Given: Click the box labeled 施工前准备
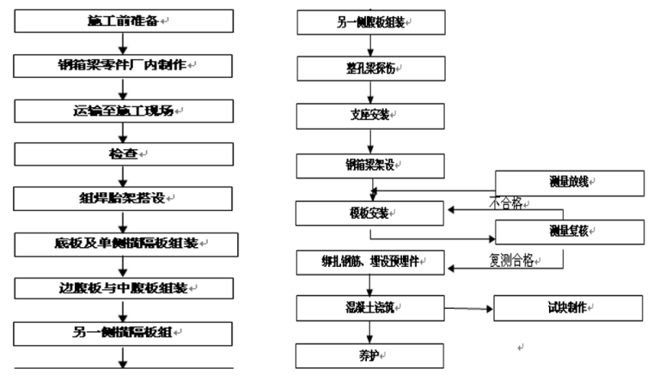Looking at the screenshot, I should click(123, 19).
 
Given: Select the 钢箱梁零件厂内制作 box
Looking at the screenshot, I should click(123, 64).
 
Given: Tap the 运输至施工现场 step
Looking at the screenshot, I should click(123, 110).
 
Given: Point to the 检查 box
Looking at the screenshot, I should click(123, 154).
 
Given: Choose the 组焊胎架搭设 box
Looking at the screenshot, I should click(123, 197).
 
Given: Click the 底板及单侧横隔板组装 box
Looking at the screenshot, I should click(123, 242).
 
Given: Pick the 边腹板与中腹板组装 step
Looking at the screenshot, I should click(123, 287).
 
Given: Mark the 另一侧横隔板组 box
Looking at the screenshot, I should click(123, 330).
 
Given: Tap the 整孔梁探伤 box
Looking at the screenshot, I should click(371, 69).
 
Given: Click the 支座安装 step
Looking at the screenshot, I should click(371, 115).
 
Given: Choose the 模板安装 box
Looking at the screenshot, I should click(371, 211).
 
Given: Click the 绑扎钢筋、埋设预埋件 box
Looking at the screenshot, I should click(371, 259).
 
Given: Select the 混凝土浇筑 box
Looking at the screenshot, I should click(371, 307).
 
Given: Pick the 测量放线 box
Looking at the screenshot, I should click(569, 184).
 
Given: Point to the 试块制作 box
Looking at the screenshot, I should click(569, 307).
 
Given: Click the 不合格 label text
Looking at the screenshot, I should click(507, 204).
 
